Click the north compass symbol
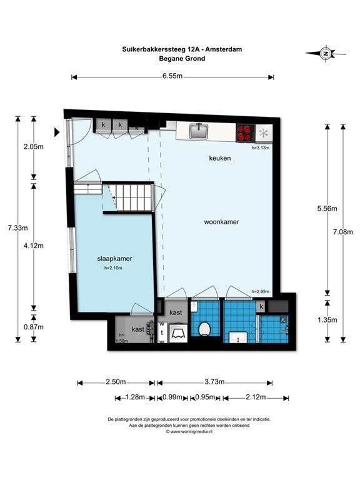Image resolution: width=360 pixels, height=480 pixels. pos(326,54)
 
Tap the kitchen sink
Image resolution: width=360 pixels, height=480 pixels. pos(199,131)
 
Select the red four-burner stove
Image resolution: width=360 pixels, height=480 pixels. pos(246,133)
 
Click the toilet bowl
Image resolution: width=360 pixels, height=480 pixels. pos(204,329)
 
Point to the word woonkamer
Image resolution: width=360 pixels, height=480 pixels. pos(221,222)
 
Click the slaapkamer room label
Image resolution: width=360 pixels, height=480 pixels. pos(114,259)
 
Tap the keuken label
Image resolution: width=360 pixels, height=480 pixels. pos(220,158)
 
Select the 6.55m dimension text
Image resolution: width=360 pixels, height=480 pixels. pos(172,76)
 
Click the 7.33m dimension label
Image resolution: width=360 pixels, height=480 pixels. pos(17,227)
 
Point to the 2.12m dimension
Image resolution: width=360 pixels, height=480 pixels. pos(256,397)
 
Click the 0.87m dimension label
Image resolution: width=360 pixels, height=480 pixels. pos(34,327)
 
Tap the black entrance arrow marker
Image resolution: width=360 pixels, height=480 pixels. pos(57,132)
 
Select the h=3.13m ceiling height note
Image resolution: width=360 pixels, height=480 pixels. pos(261,147)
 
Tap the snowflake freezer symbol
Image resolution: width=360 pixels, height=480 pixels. pos(263,133)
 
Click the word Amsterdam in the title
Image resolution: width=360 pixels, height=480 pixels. pos(224,49)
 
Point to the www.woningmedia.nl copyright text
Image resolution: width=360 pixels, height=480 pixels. pos(189,432)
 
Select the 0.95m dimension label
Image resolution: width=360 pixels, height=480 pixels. pos(205,397)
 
